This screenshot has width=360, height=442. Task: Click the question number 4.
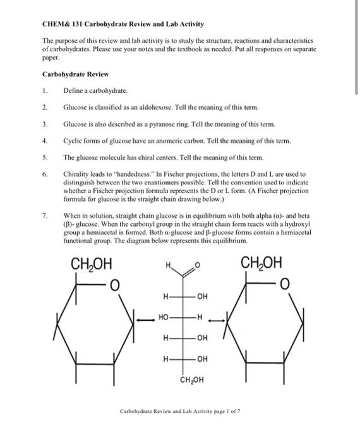click(x=44, y=140)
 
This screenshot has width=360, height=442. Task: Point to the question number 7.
click(x=44, y=216)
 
